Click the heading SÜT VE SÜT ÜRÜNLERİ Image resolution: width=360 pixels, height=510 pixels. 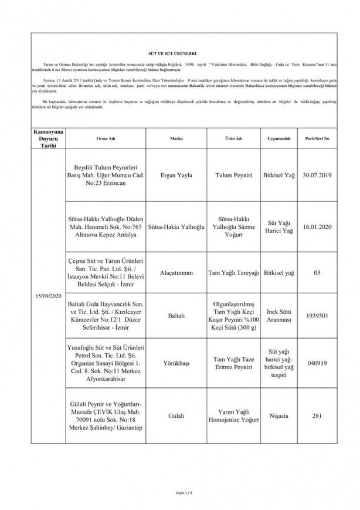(x=181, y=52)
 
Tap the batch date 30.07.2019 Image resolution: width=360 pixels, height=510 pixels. (x=316, y=175)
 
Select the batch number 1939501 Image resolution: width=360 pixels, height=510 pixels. (x=316, y=315)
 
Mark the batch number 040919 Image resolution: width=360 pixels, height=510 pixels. (x=316, y=362)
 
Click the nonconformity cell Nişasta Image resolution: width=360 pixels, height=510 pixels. (x=275, y=416)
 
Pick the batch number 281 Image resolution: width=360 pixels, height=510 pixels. (x=316, y=416)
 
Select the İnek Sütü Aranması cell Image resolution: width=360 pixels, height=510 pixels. (x=275, y=315)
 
